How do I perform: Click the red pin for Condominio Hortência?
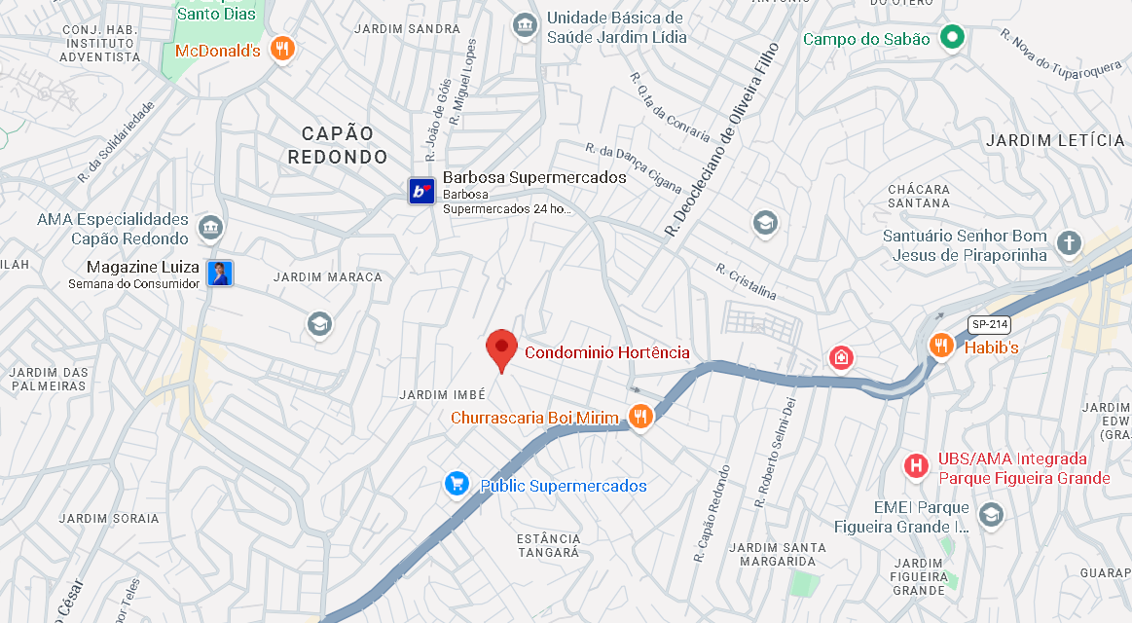(x=501, y=348)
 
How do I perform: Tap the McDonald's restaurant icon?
(x=282, y=49)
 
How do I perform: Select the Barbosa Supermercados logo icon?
(x=420, y=191)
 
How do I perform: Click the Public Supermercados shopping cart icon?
(x=456, y=484)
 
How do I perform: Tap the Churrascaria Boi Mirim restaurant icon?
(x=639, y=418)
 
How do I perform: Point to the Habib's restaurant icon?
(x=940, y=345)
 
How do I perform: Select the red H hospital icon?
(x=915, y=466)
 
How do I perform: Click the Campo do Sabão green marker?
(x=952, y=39)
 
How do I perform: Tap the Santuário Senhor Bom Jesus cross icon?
(x=1070, y=242)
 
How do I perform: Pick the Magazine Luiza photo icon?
(x=221, y=274)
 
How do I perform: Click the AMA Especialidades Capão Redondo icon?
(x=209, y=229)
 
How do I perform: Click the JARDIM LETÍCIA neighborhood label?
(x=1055, y=140)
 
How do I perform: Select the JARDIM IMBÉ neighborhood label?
(x=442, y=394)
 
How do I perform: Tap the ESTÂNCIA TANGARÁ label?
(x=549, y=545)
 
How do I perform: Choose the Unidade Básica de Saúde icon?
(x=525, y=23)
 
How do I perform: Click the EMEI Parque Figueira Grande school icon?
(x=991, y=514)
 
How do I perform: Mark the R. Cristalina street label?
(x=747, y=280)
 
